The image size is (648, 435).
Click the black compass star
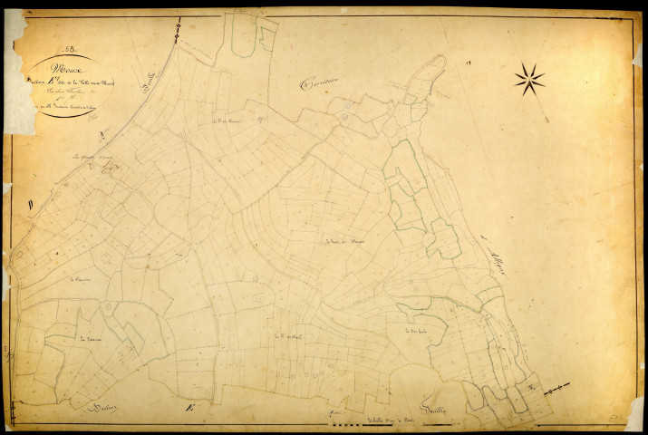point(529,79)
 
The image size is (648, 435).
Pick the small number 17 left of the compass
point(469,63)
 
